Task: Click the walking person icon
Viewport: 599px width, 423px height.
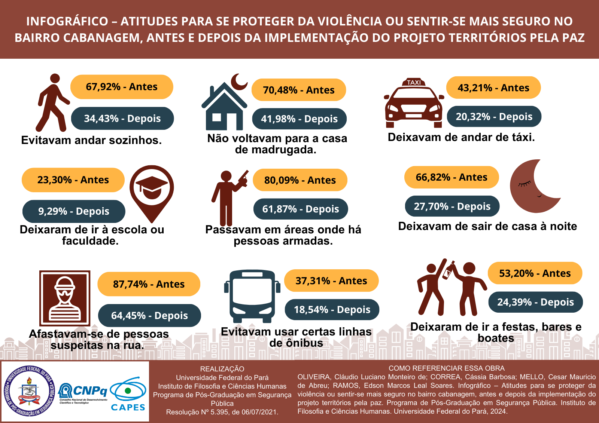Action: (52, 103)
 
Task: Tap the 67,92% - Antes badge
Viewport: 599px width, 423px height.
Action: (122, 87)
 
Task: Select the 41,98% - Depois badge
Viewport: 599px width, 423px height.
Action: (299, 119)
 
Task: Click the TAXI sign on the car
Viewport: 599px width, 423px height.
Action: (414, 82)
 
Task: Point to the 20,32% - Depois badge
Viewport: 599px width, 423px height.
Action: (494, 117)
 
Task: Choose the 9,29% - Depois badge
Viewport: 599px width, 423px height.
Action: (74, 211)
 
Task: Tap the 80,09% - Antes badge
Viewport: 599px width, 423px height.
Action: (300, 180)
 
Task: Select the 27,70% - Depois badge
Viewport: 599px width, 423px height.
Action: (452, 206)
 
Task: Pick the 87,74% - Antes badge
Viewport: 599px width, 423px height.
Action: (149, 284)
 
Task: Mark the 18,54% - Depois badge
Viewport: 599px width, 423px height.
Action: (332, 310)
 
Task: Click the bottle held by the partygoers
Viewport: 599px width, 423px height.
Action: (449, 270)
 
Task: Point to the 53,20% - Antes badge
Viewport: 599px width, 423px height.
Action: (535, 273)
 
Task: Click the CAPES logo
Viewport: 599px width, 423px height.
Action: (128, 395)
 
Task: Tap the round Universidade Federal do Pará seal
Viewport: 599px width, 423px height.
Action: (29, 391)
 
